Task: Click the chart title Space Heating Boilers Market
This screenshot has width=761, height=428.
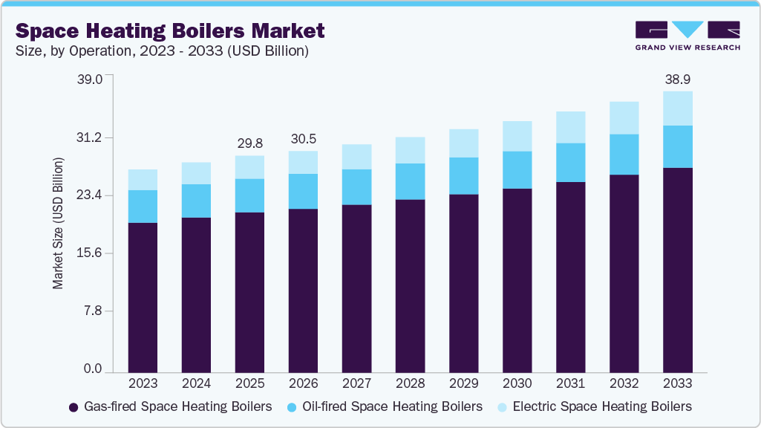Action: point(170,30)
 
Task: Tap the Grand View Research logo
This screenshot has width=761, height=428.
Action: point(687,36)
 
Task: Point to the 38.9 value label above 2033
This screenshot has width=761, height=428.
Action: point(677,79)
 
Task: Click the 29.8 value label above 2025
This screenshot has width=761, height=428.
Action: point(249,143)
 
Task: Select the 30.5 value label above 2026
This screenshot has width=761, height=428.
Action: point(303,139)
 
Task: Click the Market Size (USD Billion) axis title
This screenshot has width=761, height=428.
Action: point(59,223)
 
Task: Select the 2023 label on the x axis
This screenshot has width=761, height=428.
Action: point(143,384)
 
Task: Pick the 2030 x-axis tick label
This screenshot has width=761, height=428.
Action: point(517,384)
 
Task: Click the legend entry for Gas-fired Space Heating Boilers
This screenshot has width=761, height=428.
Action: point(170,406)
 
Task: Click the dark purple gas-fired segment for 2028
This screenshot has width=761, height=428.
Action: point(410,286)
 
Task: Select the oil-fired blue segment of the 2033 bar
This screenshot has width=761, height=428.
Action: point(677,147)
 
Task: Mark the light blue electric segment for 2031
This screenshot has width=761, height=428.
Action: point(570,127)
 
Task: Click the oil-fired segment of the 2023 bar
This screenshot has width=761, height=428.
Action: point(143,207)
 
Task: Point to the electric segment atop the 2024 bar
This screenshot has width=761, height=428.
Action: point(196,173)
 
